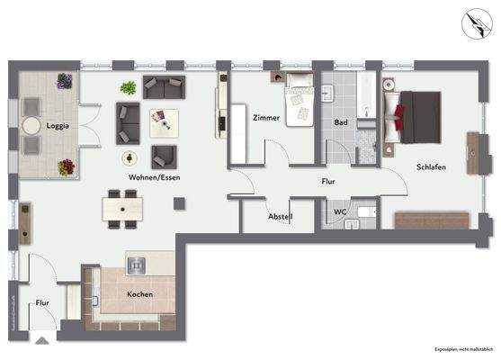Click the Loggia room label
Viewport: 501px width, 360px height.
tap(58, 126)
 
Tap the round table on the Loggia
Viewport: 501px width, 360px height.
tap(32, 126)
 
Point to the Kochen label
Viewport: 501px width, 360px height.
tap(139, 294)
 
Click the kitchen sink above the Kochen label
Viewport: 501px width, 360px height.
tap(138, 265)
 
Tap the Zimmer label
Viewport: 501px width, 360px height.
tap(266, 118)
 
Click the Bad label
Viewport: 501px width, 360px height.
tap(341, 121)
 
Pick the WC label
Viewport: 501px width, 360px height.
tap(340, 212)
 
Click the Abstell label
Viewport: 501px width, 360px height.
tap(281, 217)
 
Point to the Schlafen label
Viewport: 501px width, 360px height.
tap(431, 167)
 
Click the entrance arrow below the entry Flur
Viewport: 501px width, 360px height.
tap(40, 340)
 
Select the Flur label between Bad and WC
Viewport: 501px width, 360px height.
tap(329, 181)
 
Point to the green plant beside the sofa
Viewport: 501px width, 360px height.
tap(129, 87)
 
